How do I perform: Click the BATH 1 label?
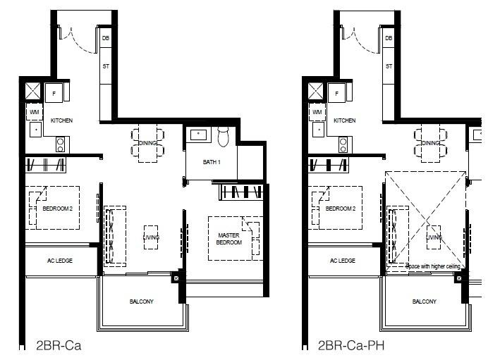(x=212, y=162)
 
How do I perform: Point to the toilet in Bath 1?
(x=224, y=136)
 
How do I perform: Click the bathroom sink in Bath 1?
(x=197, y=134)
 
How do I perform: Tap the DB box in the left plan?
(x=106, y=38)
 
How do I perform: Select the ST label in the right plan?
(x=389, y=67)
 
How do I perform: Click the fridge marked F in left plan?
(x=55, y=93)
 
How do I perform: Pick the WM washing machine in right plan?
(x=317, y=112)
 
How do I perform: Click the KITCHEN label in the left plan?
(x=62, y=120)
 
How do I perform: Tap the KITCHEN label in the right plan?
(x=344, y=120)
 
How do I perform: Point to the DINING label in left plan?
(x=147, y=143)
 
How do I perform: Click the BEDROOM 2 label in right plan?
(x=340, y=209)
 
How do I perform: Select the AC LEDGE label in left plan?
(x=59, y=261)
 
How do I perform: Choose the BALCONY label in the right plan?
(x=424, y=302)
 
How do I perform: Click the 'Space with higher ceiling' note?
(x=433, y=266)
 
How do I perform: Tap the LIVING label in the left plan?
(x=152, y=237)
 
